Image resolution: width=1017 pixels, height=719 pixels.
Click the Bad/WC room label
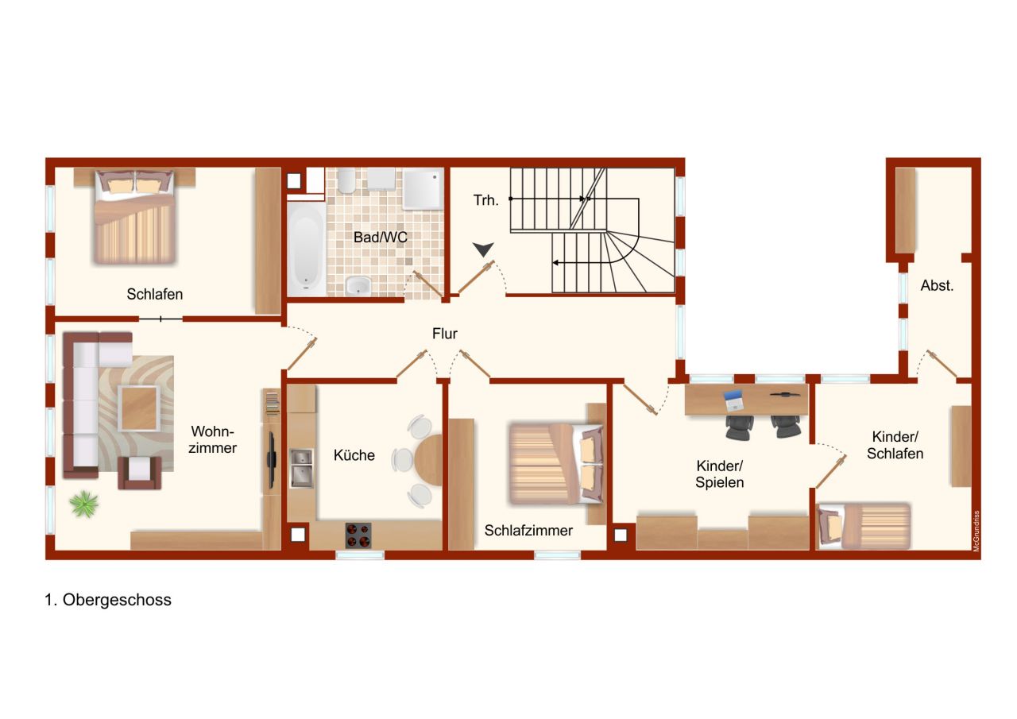pos(380,237)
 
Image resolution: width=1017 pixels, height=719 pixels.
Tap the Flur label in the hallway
pos(444,334)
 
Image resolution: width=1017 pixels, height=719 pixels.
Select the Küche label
pos(354,454)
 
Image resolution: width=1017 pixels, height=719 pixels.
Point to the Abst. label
pos(937,285)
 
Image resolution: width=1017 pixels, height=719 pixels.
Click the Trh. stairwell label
pos(485,200)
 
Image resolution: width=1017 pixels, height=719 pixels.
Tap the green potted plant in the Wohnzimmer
pos(83,504)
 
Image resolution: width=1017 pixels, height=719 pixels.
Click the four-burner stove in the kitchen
pos(358,535)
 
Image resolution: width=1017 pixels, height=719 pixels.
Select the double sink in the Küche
pos(301,469)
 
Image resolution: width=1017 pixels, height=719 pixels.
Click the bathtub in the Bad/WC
pos(306,249)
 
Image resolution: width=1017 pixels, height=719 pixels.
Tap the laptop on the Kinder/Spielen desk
pos(733,400)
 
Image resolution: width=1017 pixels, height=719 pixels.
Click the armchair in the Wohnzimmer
pos(139,473)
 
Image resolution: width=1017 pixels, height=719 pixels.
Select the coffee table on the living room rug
pos(139,408)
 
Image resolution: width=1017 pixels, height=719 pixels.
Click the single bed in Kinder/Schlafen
pos(864,526)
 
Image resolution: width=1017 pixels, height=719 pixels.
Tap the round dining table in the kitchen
pos(428,460)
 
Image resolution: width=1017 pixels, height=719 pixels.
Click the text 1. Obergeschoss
pos(108,600)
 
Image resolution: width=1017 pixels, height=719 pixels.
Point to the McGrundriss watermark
pos(976,531)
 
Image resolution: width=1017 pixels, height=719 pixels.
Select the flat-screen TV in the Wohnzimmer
pos(272,461)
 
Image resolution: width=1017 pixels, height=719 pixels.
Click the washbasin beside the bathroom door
pos(358,285)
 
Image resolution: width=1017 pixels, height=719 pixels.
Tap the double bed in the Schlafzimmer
pos(556,464)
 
